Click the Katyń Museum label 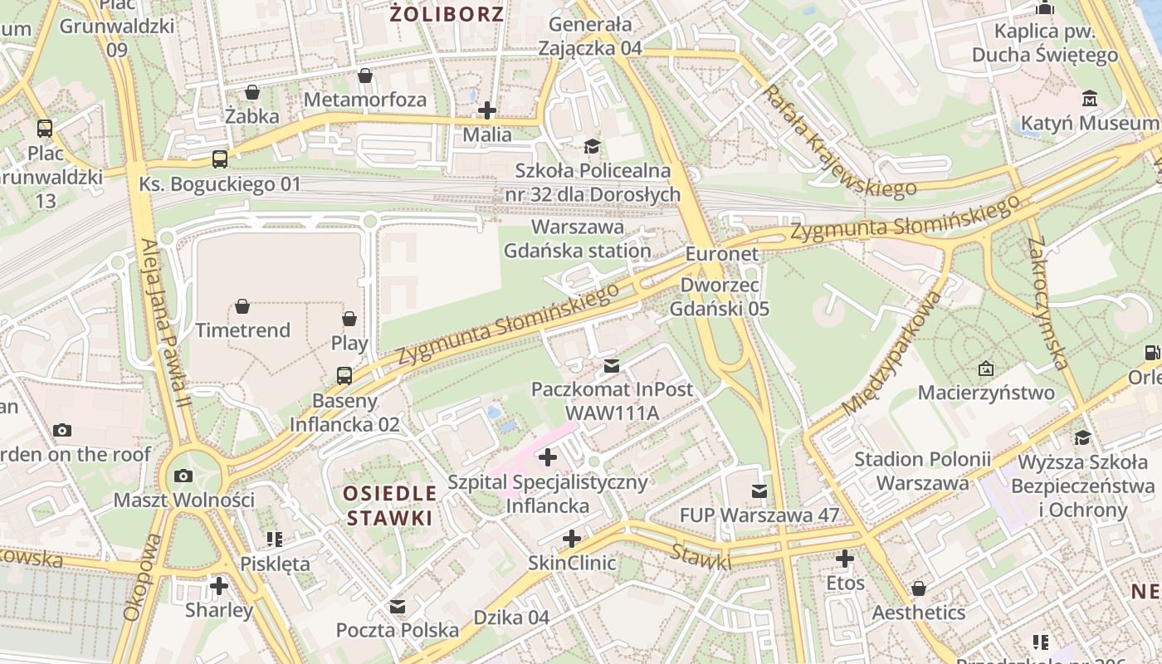[1088, 124]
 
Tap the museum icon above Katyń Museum [1089, 100]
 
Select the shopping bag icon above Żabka [251, 92]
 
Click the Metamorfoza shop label [365, 100]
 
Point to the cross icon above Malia [487, 110]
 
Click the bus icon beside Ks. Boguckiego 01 [220, 159]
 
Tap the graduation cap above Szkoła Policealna [592, 147]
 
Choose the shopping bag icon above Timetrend [242, 307]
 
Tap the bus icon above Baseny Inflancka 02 [344, 376]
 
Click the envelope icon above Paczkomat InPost [612, 365]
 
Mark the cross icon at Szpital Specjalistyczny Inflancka [548, 456]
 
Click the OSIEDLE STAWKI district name [390, 505]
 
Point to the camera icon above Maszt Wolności [183, 476]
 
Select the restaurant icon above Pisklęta [275, 539]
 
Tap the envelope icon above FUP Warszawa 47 [759, 491]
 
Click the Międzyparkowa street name [894, 352]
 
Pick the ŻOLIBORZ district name [447, 13]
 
